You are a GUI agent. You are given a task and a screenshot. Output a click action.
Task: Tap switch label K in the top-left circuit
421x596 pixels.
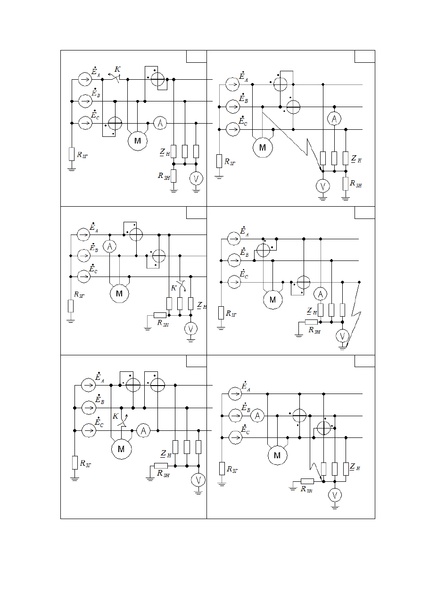click(117, 69)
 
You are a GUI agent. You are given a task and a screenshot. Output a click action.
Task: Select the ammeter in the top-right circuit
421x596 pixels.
click(334, 118)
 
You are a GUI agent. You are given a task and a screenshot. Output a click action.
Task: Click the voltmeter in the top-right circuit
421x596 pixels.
click(322, 186)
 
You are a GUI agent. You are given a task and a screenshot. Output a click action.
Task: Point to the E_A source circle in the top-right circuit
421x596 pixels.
click(232, 84)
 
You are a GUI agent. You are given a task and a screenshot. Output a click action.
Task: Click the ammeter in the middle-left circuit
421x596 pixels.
click(109, 247)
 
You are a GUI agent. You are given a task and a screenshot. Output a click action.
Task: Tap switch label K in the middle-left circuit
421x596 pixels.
click(173, 288)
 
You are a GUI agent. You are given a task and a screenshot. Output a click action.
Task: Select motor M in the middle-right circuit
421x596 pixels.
click(272, 300)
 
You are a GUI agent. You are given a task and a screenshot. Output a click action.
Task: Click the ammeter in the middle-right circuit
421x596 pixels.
click(320, 294)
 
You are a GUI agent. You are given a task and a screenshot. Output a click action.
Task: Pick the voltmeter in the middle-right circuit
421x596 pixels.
click(342, 336)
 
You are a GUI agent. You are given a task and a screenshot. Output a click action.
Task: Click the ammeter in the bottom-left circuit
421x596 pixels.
click(143, 430)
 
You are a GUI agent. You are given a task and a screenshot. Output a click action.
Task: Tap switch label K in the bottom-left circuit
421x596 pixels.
click(116, 416)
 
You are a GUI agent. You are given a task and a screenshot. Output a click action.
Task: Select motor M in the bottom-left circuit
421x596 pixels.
click(121, 449)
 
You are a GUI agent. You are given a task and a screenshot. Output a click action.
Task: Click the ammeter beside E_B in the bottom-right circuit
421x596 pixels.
click(257, 416)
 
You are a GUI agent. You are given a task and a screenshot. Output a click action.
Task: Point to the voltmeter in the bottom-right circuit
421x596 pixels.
click(335, 495)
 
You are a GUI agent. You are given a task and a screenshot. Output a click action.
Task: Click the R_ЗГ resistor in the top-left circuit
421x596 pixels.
click(72, 154)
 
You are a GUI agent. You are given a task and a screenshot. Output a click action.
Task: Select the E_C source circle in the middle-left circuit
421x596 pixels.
click(84, 277)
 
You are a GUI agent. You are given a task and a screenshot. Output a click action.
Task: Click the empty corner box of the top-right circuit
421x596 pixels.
click(364, 57)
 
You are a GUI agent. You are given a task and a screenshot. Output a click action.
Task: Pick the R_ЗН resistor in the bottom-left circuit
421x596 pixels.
click(161, 466)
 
